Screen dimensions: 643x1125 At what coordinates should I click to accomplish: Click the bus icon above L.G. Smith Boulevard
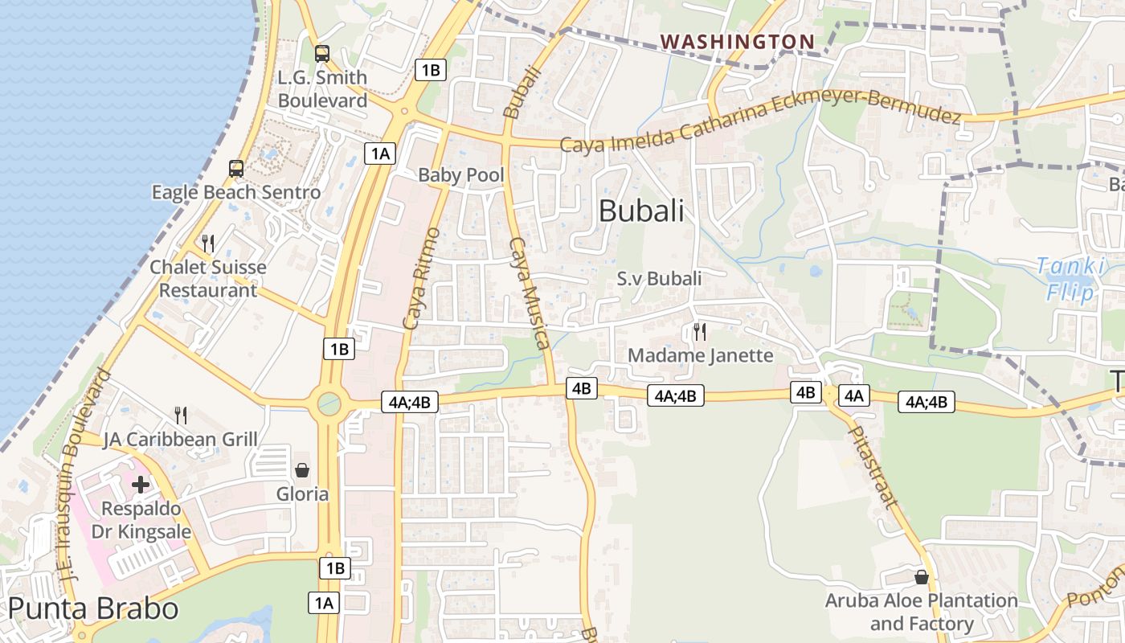322,54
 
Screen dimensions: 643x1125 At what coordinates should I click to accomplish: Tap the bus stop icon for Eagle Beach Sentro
236,169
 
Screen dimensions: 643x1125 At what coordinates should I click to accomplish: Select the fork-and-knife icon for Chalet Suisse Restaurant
208,243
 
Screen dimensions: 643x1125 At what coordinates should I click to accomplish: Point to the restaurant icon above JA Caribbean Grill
181,415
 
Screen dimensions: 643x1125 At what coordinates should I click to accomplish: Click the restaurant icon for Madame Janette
700,331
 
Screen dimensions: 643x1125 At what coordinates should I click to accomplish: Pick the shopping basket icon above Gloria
302,470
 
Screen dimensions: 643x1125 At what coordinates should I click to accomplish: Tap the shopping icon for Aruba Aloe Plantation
922,577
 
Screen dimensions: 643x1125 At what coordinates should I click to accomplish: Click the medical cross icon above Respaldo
141,485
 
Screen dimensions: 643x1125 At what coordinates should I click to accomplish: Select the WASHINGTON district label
737,41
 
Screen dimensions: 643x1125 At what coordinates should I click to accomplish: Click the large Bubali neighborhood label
641,211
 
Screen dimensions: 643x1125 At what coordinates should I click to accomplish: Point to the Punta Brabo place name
93,608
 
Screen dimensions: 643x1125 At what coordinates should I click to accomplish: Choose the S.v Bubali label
659,279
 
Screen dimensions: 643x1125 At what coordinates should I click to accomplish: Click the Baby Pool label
461,175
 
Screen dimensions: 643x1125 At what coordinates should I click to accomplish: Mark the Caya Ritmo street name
421,279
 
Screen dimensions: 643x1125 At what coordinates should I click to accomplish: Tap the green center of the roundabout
329,403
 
